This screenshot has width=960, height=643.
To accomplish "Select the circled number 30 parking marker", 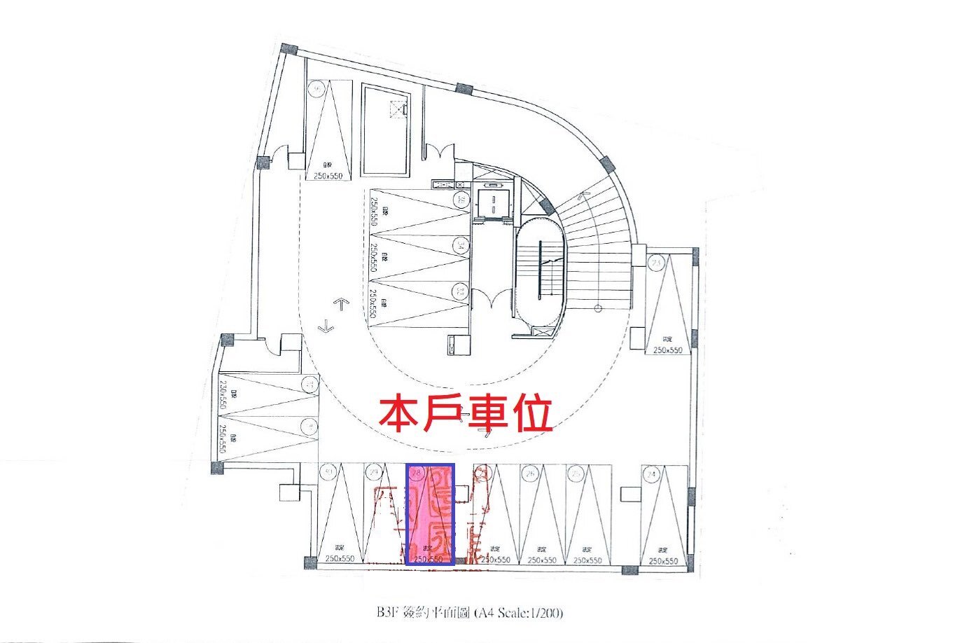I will point(328,472).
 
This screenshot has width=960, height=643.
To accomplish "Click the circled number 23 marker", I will point(656,263).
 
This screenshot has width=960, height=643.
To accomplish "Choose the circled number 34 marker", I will point(460,245).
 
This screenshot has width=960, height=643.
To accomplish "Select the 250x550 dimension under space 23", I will point(667,350).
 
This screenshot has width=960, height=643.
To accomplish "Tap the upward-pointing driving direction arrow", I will point(341,304).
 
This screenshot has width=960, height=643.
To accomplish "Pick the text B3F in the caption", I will point(387,611).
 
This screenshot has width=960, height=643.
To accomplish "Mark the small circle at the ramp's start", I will point(597,308).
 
